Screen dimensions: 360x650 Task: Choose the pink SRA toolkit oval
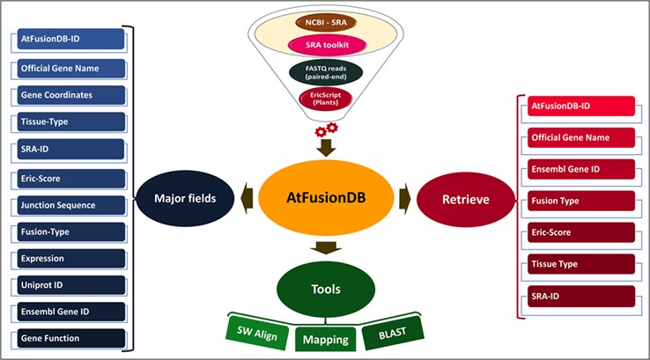point(326,45)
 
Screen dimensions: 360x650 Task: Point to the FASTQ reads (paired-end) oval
point(326,71)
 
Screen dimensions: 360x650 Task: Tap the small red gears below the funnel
point(325,131)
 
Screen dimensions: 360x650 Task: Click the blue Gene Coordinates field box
point(70,94)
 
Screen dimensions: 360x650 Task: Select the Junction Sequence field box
point(70,203)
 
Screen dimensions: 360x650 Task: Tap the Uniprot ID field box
point(70,284)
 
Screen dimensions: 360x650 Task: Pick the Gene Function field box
point(70,338)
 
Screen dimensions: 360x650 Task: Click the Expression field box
point(70,258)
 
